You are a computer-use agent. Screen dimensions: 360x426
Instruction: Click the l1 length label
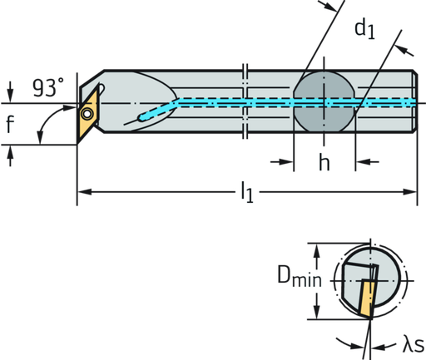[x=245, y=195]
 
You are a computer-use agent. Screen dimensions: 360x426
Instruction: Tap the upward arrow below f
[x=9, y=154]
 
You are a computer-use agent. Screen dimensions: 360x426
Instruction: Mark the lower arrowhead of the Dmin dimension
[x=315, y=316]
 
